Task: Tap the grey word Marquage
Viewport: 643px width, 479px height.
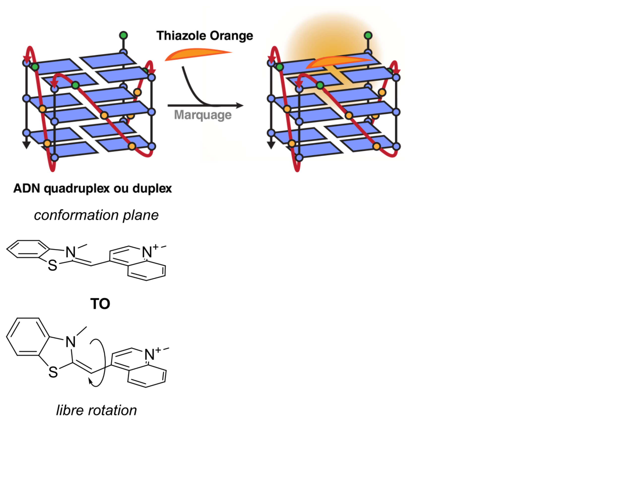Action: pyautogui.click(x=203, y=115)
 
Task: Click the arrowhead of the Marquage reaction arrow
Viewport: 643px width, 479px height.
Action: pyautogui.click(x=240, y=105)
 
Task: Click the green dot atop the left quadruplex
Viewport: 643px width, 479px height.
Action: pyautogui.click(x=124, y=35)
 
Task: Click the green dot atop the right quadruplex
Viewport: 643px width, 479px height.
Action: pyautogui.click(x=368, y=35)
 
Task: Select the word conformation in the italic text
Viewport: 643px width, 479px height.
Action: pyautogui.click(x=76, y=215)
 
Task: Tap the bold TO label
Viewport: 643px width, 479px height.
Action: pyautogui.click(x=100, y=304)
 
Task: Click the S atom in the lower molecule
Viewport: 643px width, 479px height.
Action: pyautogui.click(x=53, y=372)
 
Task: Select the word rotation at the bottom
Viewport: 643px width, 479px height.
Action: pyautogui.click(x=112, y=411)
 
